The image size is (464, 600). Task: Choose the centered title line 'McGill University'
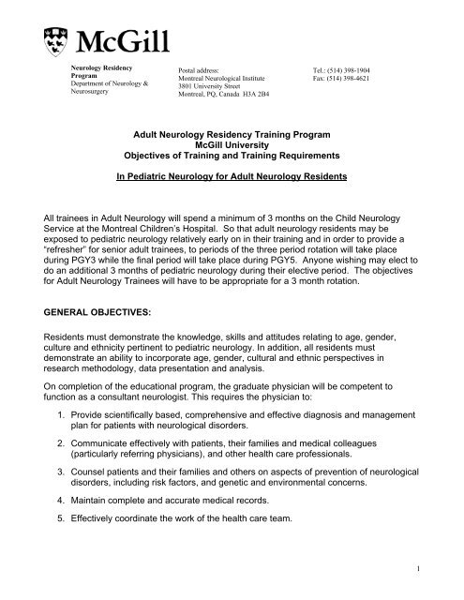[233, 146]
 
